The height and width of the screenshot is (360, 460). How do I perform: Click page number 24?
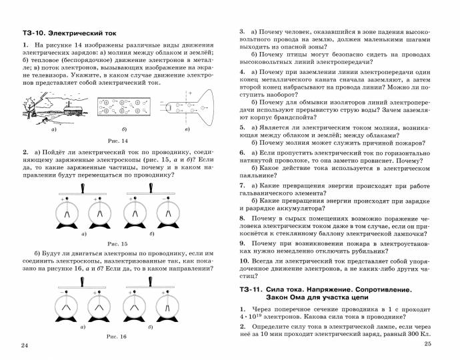[x=25, y=345]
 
